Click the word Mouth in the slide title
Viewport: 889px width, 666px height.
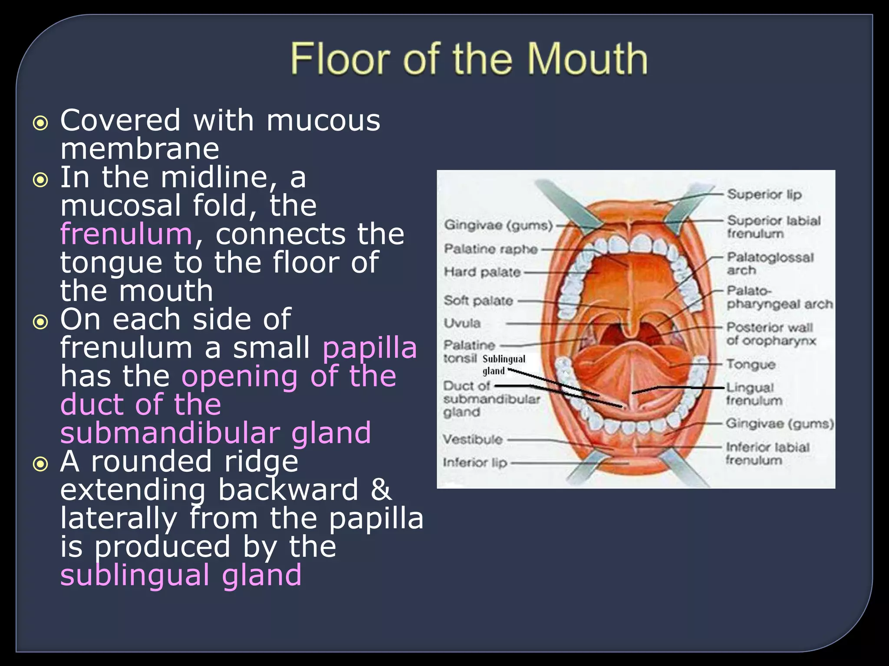(587, 59)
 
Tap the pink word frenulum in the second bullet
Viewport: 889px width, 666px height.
(126, 234)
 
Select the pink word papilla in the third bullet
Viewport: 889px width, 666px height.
(369, 348)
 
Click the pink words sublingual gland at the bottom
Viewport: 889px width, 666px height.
(181, 575)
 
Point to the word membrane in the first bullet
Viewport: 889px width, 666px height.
(139, 149)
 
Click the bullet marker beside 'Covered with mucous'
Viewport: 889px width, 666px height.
(40, 123)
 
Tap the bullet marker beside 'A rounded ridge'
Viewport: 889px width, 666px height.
(40, 464)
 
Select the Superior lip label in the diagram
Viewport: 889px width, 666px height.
(764, 194)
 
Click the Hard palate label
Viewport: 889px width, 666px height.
(482, 272)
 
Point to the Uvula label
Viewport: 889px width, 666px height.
(462, 323)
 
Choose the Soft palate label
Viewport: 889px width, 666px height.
(478, 300)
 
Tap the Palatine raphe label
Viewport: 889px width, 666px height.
(491, 249)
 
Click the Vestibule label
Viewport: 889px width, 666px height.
(472, 439)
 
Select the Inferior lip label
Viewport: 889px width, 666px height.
(474, 463)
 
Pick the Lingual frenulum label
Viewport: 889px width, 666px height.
(754, 394)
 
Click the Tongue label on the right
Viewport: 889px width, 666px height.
(751, 364)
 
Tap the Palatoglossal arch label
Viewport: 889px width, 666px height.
(770, 263)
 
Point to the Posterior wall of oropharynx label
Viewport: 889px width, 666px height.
(771, 334)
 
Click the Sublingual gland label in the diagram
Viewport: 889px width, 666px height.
(504, 365)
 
